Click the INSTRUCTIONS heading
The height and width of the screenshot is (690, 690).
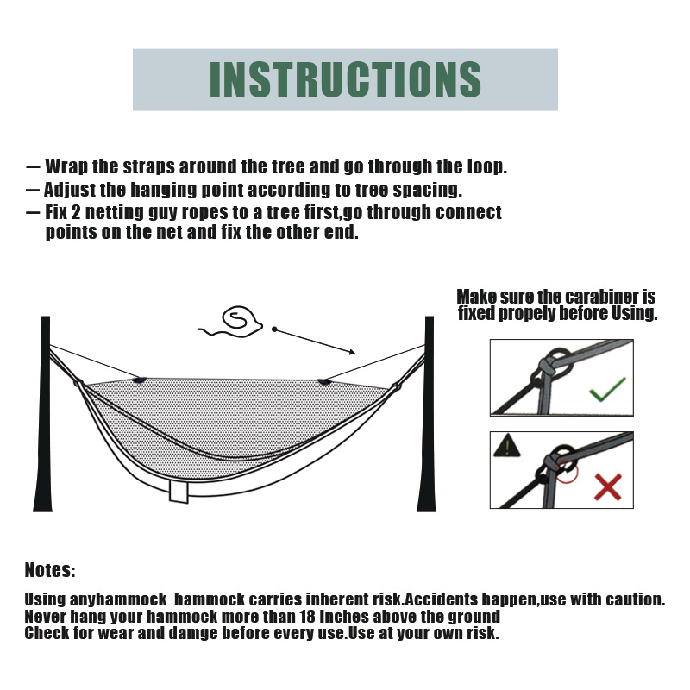pos(345,79)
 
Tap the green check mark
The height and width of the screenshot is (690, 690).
pos(607,390)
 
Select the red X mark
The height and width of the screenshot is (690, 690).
pos(608,487)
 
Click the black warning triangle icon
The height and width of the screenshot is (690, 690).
pos(506,446)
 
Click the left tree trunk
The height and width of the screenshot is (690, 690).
pos(44,414)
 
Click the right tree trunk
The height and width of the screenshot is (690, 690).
pos(427,414)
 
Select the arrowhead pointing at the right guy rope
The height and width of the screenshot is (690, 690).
pos(352,352)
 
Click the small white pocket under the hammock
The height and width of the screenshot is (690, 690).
pos(179,491)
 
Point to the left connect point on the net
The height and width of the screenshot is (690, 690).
pos(140,379)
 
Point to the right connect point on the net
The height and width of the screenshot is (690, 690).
pos(324,381)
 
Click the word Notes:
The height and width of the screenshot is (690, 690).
pos(50,570)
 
